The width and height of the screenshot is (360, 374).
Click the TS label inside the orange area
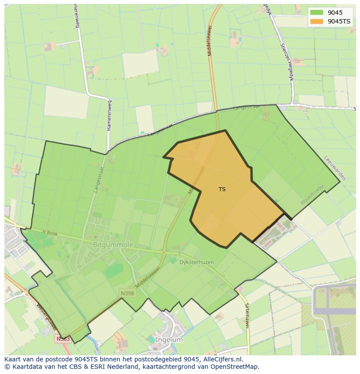[x=222, y=189]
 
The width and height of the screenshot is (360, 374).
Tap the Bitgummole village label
[x=107, y=245]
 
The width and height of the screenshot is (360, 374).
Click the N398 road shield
[x=127, y=293]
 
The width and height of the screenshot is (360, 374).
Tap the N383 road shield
[x=63, y=338]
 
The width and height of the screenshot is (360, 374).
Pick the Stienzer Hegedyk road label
[x=285, y=61]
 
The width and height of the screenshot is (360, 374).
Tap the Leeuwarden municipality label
[x=335, y=168]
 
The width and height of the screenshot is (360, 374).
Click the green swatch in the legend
[x=317, y=13]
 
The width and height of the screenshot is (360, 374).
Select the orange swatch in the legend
[x=317, y=21]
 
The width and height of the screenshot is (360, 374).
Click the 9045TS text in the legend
[x=340, y=21]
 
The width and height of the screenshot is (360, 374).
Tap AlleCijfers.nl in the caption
[x=221, y=360]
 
